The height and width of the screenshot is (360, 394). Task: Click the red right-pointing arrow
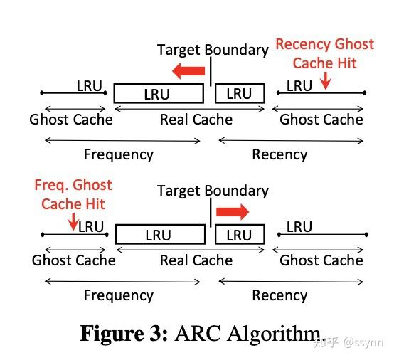[x=232, y=211]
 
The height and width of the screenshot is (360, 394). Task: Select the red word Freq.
[x=50, y=186]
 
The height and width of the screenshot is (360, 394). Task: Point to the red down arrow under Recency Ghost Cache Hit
[x=325, y=82]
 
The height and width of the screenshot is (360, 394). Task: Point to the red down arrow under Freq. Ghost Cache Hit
[x=73, y=223]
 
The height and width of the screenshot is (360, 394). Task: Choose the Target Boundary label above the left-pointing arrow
[x=213, y=50]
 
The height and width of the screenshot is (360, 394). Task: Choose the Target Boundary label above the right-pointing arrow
[x=213, y=191]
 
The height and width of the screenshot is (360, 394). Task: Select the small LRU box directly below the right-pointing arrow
[x=239, y=235]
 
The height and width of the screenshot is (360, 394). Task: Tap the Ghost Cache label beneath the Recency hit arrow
[x=321, y=119]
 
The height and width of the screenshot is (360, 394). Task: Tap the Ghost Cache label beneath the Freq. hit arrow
[x=73, y=260]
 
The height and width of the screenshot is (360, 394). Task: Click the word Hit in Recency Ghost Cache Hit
[x=346, y=63]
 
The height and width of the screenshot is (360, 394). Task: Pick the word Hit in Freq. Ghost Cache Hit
[x=94, y=204]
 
